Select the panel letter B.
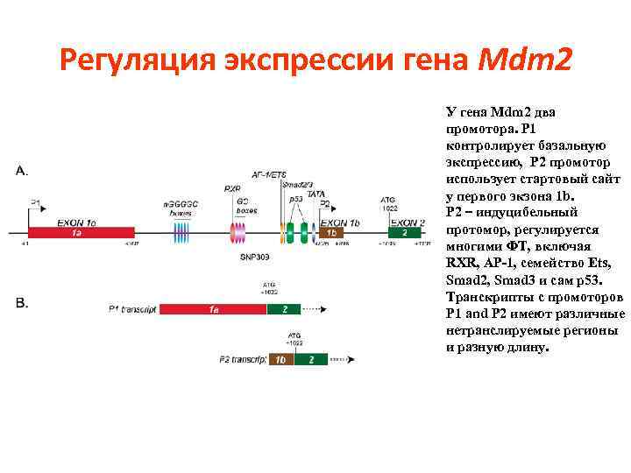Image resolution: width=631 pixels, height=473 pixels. [22, 303]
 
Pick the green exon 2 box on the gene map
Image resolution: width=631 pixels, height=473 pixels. [404, 234]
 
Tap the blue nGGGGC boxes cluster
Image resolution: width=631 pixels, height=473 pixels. [181, 233]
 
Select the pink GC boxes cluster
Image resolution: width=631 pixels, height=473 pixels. [237, 233]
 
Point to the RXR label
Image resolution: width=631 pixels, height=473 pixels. [232, 188]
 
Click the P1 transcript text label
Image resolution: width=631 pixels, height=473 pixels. [131, 308]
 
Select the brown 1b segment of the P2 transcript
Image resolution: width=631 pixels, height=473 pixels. [280, 359]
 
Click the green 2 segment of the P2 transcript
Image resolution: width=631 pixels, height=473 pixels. [310, 359]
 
